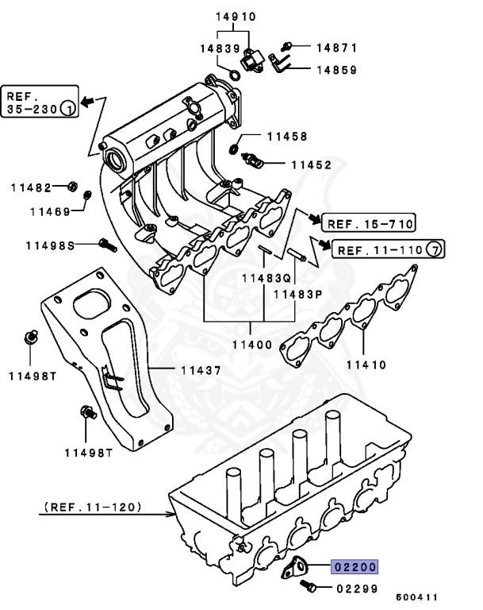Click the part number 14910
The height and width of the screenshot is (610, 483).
click(x=235, y=15)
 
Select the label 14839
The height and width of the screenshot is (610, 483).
click(x=219, y=48)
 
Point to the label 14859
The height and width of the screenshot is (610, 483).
click(x=325, y=69)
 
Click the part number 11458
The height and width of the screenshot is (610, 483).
click(x=286, y=137)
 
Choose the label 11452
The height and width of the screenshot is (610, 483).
click(x=310, y=165)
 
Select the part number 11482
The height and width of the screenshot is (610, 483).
click(x=31, y=187)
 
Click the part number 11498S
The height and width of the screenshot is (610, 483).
click(x=43, y=245)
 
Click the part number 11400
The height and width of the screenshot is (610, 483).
click(x=251, y=345)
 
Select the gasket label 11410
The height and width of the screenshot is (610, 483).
click(x=366, y=365)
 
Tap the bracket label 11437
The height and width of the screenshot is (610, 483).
click(x=201, y=369)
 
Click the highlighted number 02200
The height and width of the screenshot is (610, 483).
click(x=355, y=566)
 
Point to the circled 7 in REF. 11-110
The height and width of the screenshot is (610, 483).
click(x=435, y=249)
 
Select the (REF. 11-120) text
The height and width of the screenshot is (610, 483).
click(x=94, y=505)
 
